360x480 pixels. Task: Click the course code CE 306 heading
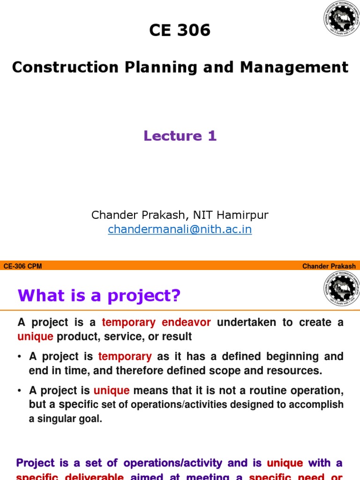[180, 30]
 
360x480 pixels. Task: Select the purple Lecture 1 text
[180, 136]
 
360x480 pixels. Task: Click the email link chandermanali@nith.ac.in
[180, 230]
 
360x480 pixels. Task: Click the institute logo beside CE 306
[340, 18]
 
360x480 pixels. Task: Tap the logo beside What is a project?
[340, 290]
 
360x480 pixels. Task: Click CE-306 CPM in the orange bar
[22, 266]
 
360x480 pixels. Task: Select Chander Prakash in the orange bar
[329, 266]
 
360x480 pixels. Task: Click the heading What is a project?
[99, 296]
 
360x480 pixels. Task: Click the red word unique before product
[36, 336]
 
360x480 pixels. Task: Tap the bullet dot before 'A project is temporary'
[20, 357]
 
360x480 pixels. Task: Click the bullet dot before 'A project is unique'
[20, 391]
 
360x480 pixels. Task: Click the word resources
[296, 370]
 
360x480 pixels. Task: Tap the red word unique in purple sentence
[285, 464]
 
